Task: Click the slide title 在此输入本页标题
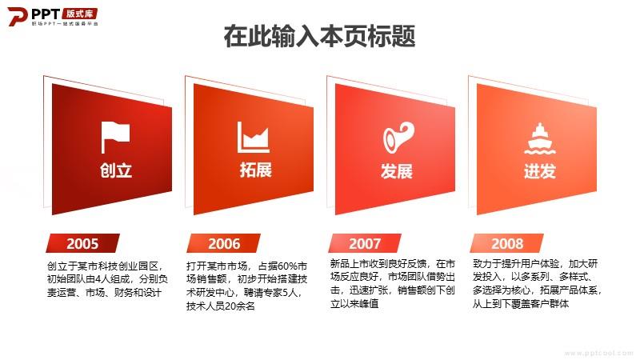click(319, 36)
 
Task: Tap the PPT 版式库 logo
click(53, 16)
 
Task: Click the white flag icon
click(115, 137)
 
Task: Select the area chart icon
click(253, 137)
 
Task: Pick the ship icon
click(539, 138)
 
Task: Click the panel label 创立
click(116, 170)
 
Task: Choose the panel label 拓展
click(255, 170)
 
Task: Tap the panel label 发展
click(396, 170)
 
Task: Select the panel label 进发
click(539, 170)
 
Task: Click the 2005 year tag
click(83, 243)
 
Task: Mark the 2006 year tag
click(224, 243)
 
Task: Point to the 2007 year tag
click(365, 243)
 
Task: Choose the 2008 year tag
click(507, 243)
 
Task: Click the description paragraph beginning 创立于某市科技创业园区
click(107, 279)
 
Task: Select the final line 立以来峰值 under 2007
click(354, 303)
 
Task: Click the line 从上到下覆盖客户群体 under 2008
click(521, 303)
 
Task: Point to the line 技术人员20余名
click(221, 306)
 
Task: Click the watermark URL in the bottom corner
click(598, 353)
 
